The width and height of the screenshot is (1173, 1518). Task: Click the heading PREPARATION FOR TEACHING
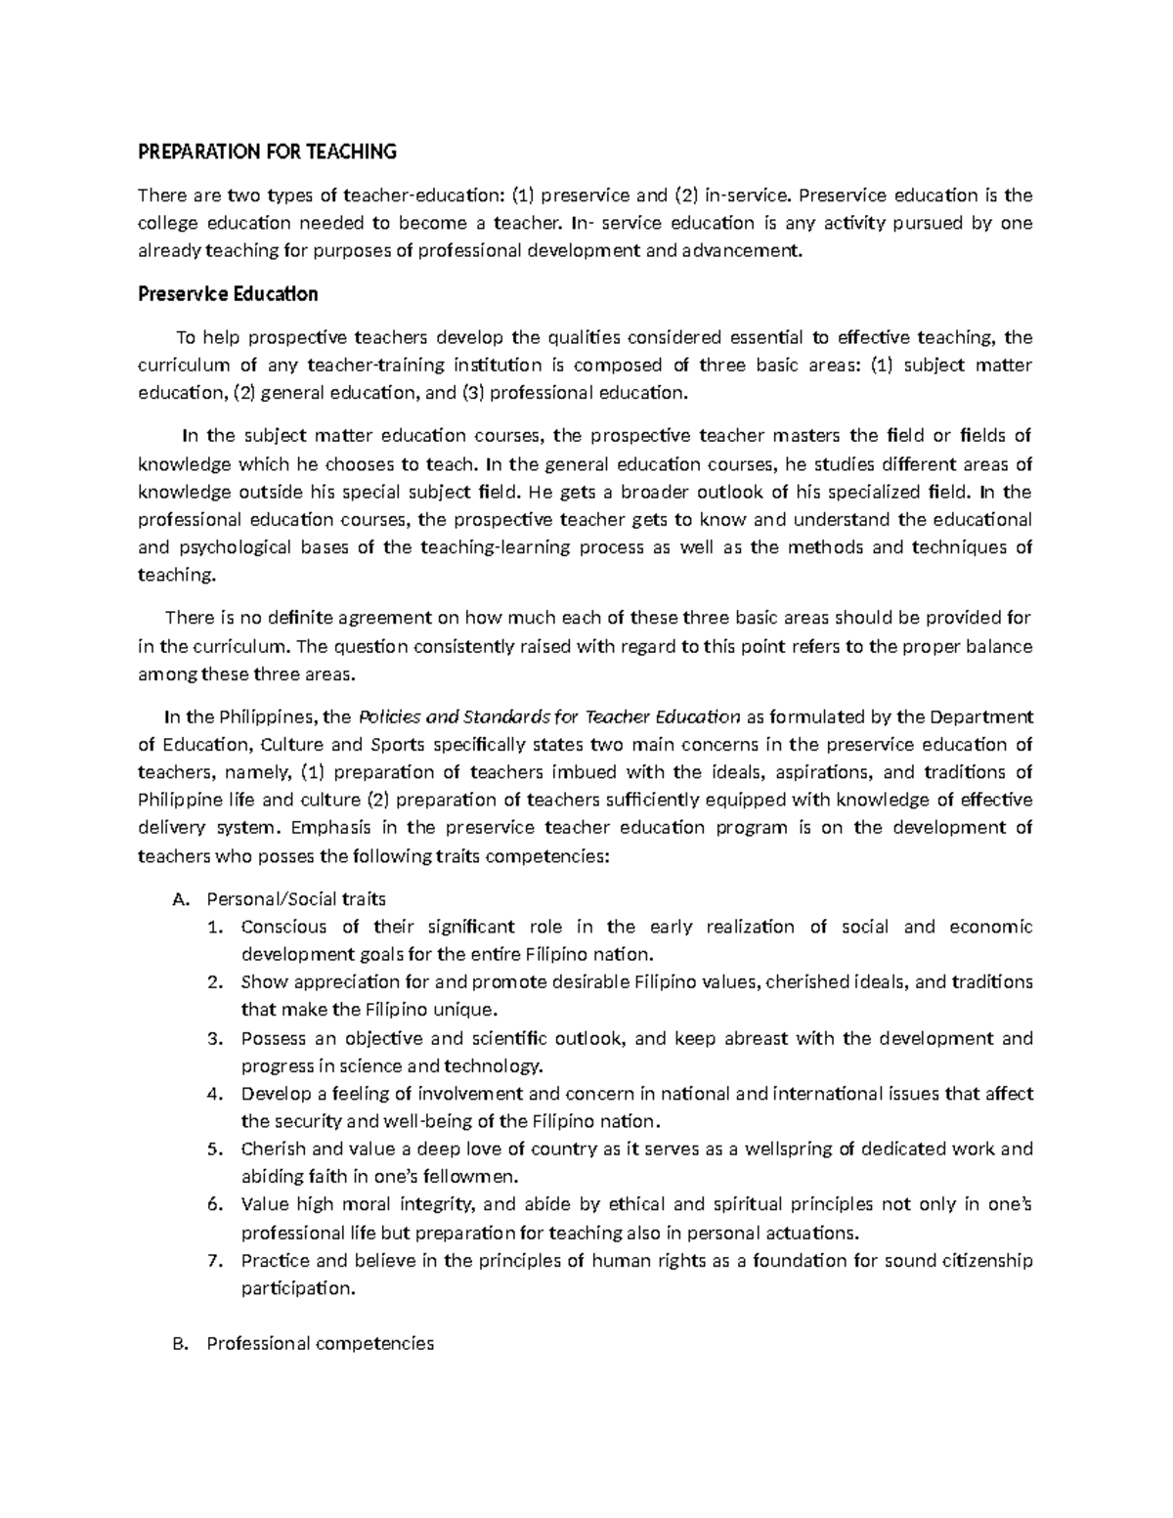[x=267, y=152]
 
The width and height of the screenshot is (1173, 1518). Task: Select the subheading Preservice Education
[x=227, y=293]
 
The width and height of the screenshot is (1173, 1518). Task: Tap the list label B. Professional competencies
[x=320, y=1343]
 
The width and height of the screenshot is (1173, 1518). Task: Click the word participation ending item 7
[x=297, y=1288]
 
